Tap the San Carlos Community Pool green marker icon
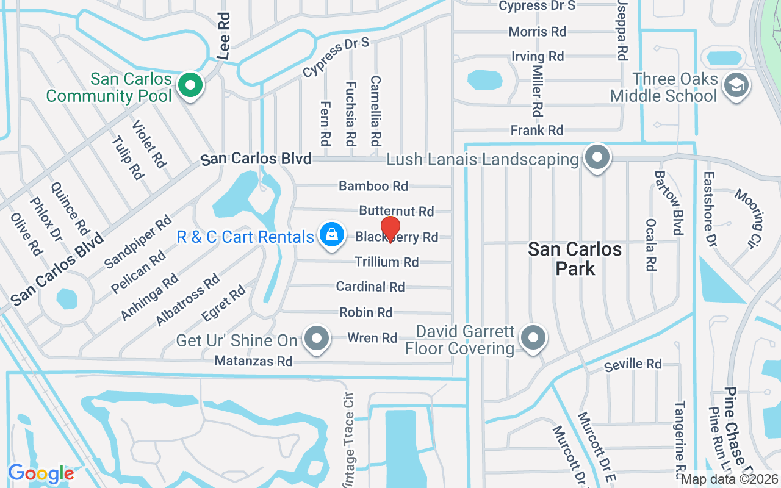point(190,85)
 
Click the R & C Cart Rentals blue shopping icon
point(331,236)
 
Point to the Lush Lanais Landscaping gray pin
point(597,158)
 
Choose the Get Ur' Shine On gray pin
point(316,339)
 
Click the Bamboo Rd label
point(373,185)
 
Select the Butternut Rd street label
point(396,211)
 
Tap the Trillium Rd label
point(387,262)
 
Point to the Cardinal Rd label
point(370,286)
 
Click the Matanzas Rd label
point(254,361)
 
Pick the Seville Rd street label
point(633,365)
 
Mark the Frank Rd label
point(537,130)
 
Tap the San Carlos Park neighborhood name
point(575,258)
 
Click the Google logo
point(41,473)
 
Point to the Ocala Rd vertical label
point(651,245)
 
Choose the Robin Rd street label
point(365,312)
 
